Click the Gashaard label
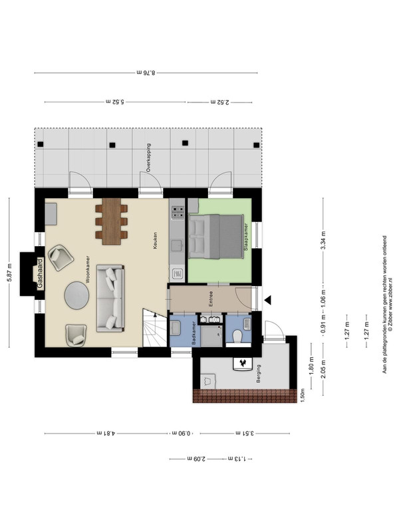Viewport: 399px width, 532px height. tap(41, 274)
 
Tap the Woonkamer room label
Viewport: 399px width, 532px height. tap(88, 269)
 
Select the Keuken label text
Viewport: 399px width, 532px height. tap(155, 241)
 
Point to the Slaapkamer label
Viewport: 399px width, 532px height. tap(245, 237)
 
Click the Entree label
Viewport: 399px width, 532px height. tap(211, 299)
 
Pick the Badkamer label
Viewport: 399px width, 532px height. tap(194, 333)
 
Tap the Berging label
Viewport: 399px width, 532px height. tap(259, 374)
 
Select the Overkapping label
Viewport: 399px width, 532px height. tap(148, 158)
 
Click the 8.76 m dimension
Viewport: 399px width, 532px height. tap(146, 72)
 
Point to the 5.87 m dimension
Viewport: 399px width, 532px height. tap(9, 273)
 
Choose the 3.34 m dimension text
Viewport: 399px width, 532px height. tap(323, 240)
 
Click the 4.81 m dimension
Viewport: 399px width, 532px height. tap(106, 434)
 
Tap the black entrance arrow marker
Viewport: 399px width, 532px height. tap(268, 300)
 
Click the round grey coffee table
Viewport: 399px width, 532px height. tap(76, 295)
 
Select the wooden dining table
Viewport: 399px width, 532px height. tap(112, 221)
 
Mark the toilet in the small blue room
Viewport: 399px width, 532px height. tap(237, 337)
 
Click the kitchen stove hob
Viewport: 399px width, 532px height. tap(178, 213)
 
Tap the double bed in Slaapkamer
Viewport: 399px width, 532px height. tap(215, 236)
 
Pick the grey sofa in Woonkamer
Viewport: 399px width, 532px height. tap(110, 299)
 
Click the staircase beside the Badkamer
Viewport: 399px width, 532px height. tap(155, 328)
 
